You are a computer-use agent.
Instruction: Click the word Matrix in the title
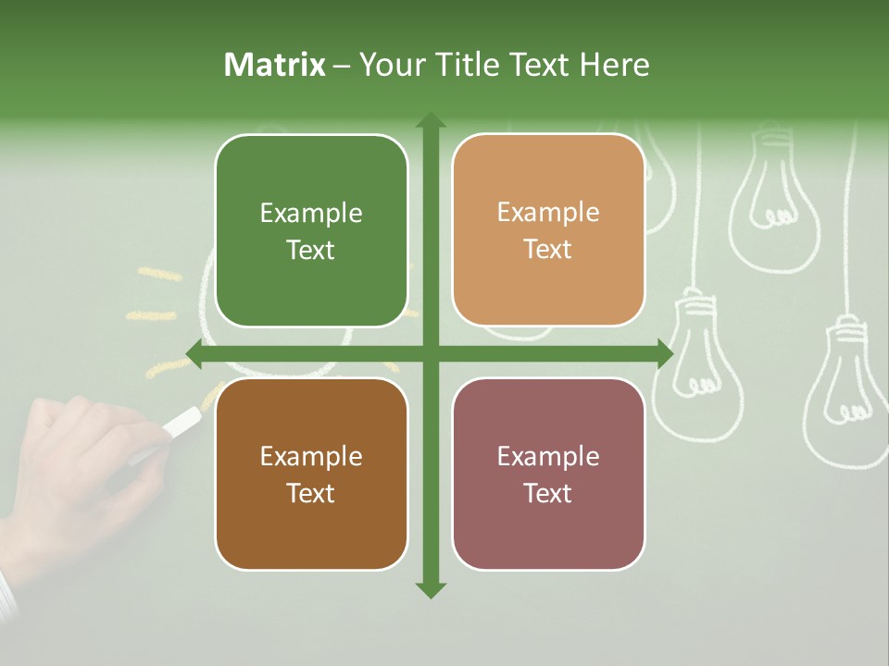275,65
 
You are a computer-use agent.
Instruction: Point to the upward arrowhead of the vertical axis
431,120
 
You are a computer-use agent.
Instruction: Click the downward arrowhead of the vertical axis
431,589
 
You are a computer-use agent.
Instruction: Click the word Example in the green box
311,214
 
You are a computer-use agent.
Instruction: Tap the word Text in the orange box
548,250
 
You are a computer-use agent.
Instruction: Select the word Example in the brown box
311,456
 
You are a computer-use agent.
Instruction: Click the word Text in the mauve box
548,493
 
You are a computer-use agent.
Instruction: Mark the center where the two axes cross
431,353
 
